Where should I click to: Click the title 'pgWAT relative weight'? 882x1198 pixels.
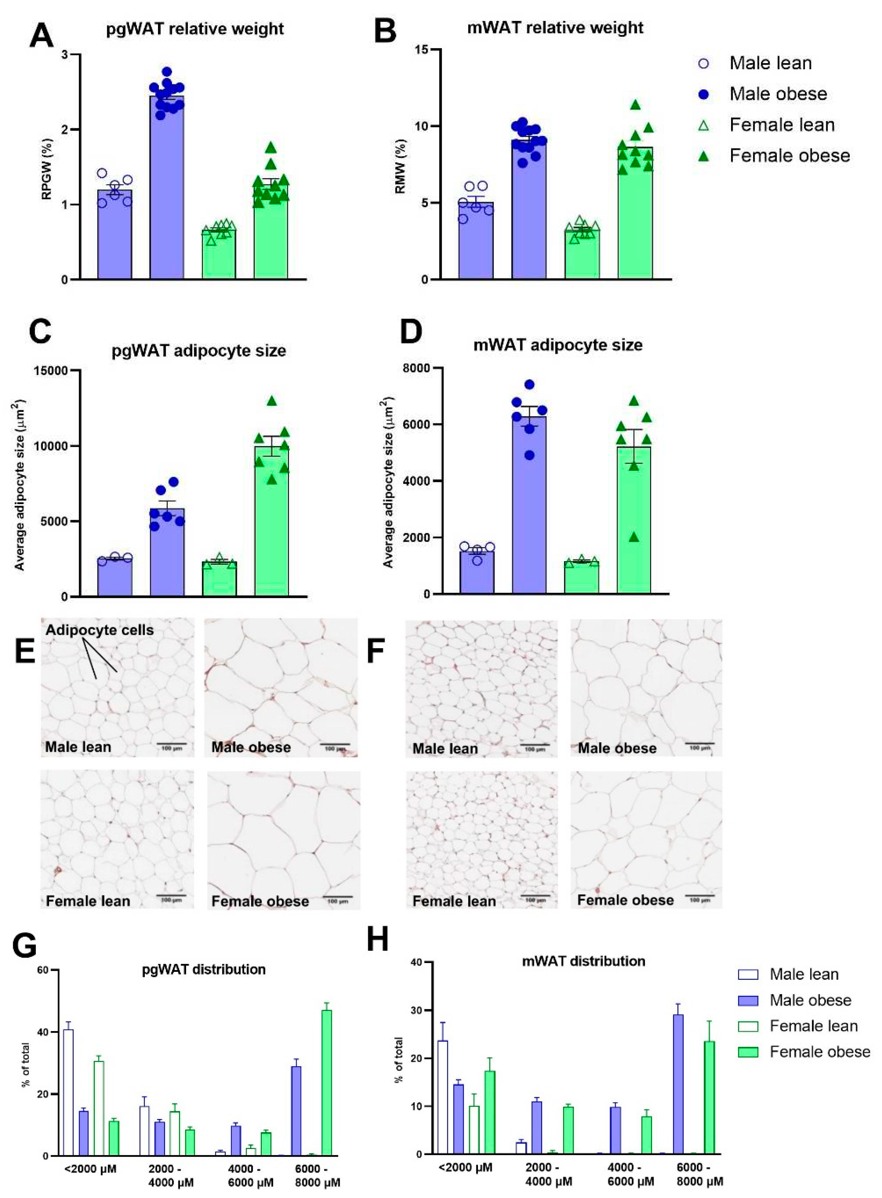click(195, 28)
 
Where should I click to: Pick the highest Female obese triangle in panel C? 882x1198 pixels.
click(272, 401)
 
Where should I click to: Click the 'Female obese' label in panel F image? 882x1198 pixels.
click(625, 900)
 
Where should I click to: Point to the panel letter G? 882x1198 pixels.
click(24, 946)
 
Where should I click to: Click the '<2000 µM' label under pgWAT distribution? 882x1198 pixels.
click(91, 1169)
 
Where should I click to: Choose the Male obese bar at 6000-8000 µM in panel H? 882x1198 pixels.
click(678, 1084)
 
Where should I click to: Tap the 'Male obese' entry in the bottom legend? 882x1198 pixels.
click(810, 1000)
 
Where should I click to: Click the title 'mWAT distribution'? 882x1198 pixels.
click(584, 961)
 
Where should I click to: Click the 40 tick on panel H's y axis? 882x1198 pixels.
click(416, 962)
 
